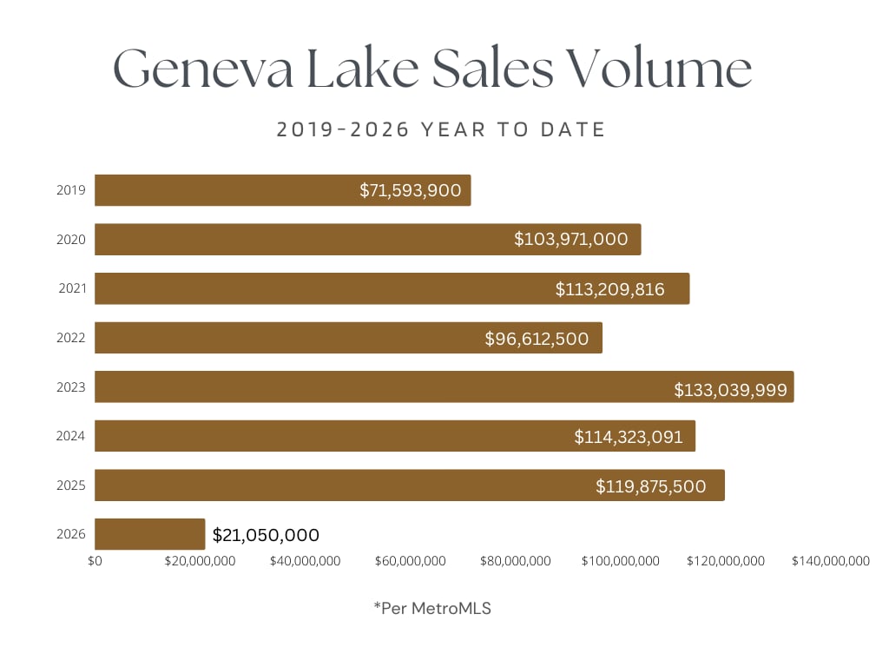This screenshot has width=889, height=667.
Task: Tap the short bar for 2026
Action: click(x=149, y=534)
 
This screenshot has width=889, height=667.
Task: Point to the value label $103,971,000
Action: click(x=570, y=239)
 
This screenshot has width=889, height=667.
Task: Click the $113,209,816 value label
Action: click(x=609, y=288)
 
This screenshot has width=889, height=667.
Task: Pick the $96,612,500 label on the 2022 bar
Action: click(x=537, y=338)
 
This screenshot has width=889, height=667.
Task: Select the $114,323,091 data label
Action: click(x=629, y=436)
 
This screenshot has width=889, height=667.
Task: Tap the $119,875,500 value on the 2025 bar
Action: click(x=650, y=485)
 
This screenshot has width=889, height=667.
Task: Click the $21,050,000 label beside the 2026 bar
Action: click(x=266, y=535)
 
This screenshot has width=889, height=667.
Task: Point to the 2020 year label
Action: click(x=71, y=240)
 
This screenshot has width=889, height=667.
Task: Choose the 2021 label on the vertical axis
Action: click(x=72, y=288)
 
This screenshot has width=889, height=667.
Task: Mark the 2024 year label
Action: click(x=71, y=436)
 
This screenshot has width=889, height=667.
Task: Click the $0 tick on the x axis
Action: click(x=95, y=561)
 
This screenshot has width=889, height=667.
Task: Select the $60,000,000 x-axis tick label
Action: click(x=410, y=561)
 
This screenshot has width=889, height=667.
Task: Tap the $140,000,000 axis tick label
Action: click(x=830, y=561)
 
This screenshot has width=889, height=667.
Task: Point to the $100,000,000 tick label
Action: click(x=620, y=561)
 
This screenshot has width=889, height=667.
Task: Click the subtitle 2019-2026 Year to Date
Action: click(x=441, y=130)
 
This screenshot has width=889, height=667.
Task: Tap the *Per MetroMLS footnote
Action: click(x=432, y=608)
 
